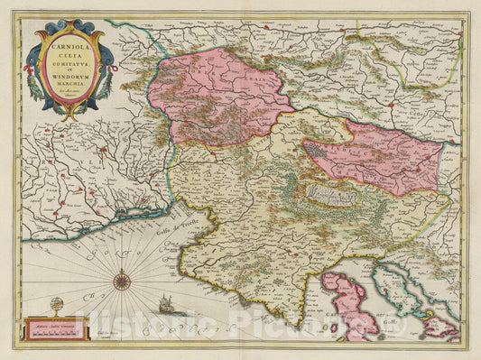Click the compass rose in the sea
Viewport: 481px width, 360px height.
(122, 281)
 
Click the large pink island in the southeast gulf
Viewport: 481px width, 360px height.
(343, 307)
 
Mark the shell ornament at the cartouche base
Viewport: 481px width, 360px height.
(69, 113)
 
